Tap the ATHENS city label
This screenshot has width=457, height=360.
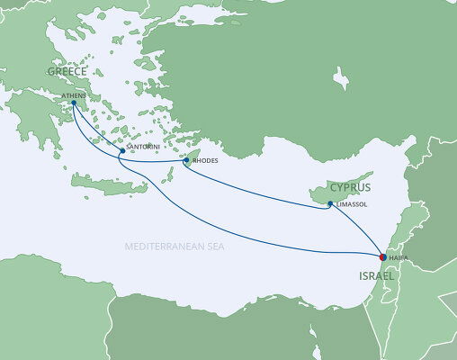pos(73,94)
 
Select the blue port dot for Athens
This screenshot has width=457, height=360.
pos(74,103)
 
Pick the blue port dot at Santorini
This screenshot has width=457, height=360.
pos(121,151)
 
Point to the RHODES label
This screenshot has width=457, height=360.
pos(206,161)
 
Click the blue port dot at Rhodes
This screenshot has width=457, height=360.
pos(186,161)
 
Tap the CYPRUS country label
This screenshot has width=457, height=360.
pos(350,188)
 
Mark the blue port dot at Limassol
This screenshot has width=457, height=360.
pos(331,204)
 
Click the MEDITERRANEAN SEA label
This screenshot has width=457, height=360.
pos(175,245)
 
